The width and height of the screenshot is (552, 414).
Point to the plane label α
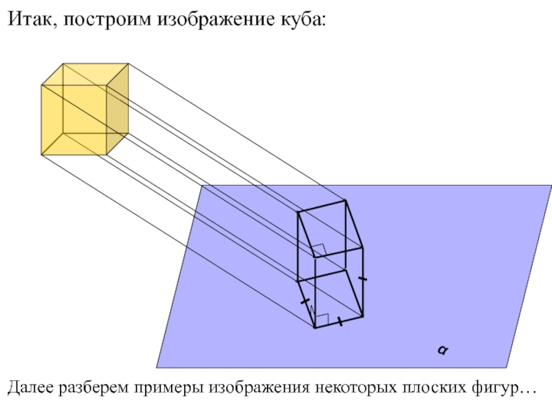(441, 351)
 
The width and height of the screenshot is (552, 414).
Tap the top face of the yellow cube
(84, 75)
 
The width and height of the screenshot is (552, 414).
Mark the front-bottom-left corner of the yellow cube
(42, 154)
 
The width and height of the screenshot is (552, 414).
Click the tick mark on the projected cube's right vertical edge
(363, 279)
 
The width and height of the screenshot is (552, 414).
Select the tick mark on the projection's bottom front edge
(340, 322)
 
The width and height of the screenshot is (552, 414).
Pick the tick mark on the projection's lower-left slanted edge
(306, 302)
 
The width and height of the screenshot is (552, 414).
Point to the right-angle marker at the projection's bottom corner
(320, 319)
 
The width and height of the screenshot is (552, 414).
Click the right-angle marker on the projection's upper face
(319, 249)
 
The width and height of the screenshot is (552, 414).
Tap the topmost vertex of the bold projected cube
(345, 201)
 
